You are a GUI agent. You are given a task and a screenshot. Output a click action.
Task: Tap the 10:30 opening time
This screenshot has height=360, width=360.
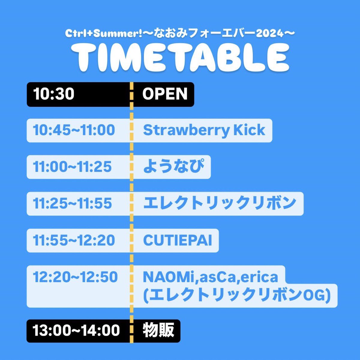(54, 94)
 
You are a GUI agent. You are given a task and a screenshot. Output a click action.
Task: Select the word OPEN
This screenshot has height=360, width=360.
(165, 94)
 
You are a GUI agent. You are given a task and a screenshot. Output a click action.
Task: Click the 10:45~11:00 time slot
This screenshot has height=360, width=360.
(74, 130)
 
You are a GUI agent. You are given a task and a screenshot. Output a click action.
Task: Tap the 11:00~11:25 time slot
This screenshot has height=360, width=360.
(72, 167)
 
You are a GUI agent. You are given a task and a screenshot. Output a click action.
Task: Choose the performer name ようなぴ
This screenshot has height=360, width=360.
(173, 166)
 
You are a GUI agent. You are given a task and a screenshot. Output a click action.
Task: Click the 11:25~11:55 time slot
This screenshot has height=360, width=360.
(72, 203)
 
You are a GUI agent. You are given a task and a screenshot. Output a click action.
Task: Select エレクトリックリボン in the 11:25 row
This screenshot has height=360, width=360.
(220, 203)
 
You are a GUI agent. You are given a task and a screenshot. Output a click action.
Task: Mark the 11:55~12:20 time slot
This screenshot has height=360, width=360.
(74, 240)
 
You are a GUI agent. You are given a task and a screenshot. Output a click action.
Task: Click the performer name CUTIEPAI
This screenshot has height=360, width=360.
(178, 240)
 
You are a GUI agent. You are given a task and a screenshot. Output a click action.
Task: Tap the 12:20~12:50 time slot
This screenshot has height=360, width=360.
(75, 277)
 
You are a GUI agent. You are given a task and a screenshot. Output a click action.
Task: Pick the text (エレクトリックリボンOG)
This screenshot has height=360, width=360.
(237, 295)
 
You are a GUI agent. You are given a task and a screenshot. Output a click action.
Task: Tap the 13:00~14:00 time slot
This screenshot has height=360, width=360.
(76, 331)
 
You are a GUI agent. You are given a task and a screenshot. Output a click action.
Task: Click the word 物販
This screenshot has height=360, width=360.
(158, 331)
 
